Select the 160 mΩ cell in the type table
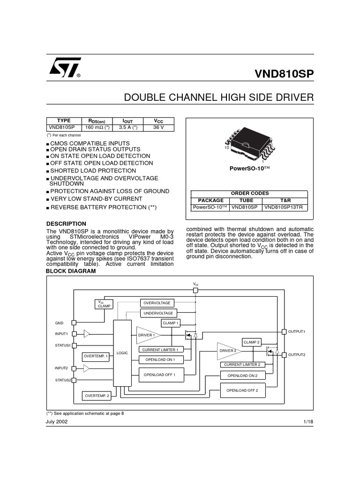click(96, 127)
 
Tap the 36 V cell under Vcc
click(159, 127)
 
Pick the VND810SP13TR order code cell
click(285, 206)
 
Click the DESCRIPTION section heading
click(66, 224)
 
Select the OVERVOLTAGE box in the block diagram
click(157, 303)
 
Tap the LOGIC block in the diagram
click(122, 352)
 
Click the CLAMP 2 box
click(251, 342)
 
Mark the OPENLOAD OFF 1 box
click(159, 375)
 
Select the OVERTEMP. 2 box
click(97, 396)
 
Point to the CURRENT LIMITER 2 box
click(242, 364)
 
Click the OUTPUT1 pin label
click(296, 332)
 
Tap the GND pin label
click(59, 323)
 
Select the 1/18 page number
click(308, 422)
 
